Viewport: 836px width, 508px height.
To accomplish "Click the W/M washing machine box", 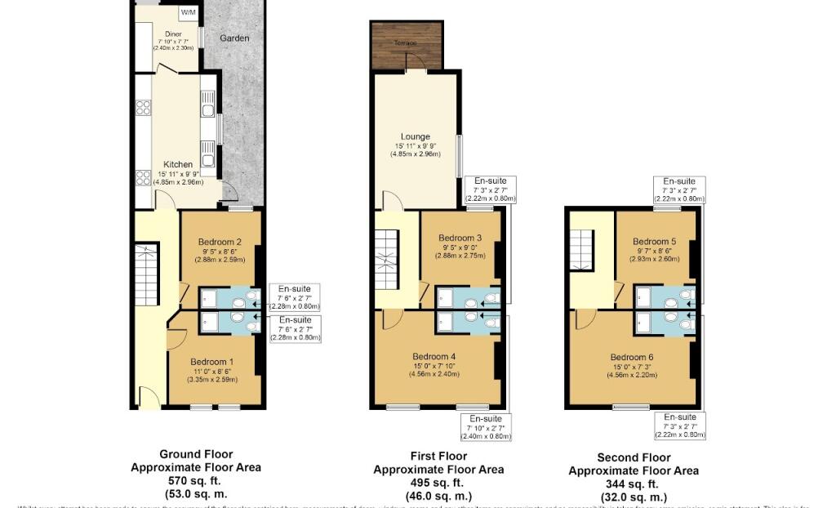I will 189,12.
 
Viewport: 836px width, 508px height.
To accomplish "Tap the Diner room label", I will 173,34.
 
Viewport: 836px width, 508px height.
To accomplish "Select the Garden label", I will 234,38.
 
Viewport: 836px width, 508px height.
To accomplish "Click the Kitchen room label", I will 178,164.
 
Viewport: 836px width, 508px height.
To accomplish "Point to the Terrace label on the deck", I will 407,42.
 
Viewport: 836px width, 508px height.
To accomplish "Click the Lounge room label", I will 415,137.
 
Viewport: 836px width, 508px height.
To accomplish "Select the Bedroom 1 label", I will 211,362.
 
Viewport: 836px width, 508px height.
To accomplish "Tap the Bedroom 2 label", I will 219,242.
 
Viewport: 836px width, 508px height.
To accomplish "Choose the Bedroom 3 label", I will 460,238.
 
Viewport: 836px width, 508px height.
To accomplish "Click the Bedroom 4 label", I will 434,356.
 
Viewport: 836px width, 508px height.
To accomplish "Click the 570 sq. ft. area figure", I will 196,481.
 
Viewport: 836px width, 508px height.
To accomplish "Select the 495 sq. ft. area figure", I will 438,483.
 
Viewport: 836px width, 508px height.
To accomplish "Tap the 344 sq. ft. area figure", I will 634,483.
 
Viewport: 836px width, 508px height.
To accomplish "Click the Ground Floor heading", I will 196,454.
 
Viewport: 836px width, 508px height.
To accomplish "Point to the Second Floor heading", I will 634,457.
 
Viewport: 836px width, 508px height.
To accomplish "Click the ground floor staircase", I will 147,274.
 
